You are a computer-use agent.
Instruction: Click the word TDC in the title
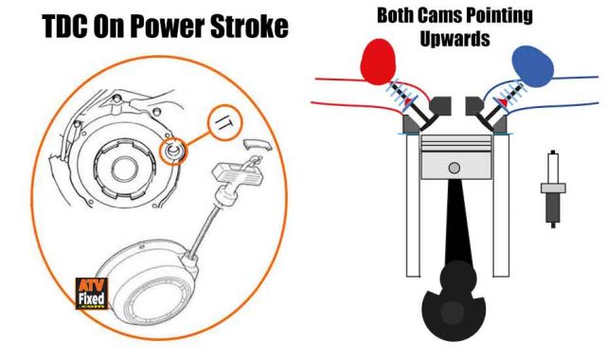coord(62,28)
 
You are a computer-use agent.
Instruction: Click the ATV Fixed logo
coord(93,295)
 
